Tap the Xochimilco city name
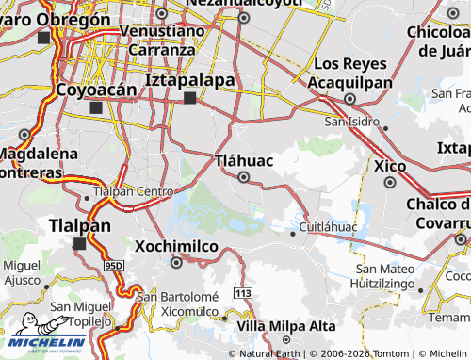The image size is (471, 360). (177, 245)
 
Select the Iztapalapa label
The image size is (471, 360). (190, 80)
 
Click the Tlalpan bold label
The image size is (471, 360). (79, 226)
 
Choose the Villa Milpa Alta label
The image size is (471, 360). (286, 325)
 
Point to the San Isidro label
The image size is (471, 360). (351, 122)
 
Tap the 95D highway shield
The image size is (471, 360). (114, 268)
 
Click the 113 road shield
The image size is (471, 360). (244, 295)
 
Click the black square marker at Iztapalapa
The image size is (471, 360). (189, 98)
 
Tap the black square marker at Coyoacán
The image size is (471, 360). (95, 107)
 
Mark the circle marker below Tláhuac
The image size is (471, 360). (244, 177)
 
